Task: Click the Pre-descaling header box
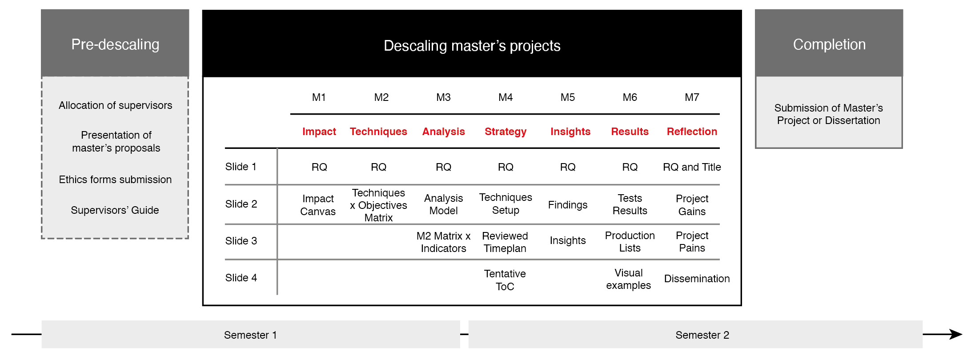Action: [115, 43]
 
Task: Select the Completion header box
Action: [829, 43]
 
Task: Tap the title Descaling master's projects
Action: [472, 46]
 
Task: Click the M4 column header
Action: [506, 97]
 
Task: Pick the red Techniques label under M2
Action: [378, 132]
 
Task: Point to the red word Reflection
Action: [692, 132]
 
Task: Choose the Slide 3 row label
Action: [241, 241]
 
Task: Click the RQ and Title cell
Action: [692, 167]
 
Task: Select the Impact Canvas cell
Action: [318, 205]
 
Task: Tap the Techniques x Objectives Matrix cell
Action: [378, 205]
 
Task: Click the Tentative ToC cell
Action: [505, 280]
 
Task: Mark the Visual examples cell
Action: [628, 279]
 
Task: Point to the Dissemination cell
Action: [697, 279]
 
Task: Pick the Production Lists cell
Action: [630, 242]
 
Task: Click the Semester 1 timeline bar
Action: [251, 334]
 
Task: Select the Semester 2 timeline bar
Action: [695, 334]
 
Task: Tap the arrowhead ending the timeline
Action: [956, 334]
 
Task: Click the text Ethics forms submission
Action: [115, 180]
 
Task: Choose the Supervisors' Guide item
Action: [115, 210]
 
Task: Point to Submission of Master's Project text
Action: [828, 114]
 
